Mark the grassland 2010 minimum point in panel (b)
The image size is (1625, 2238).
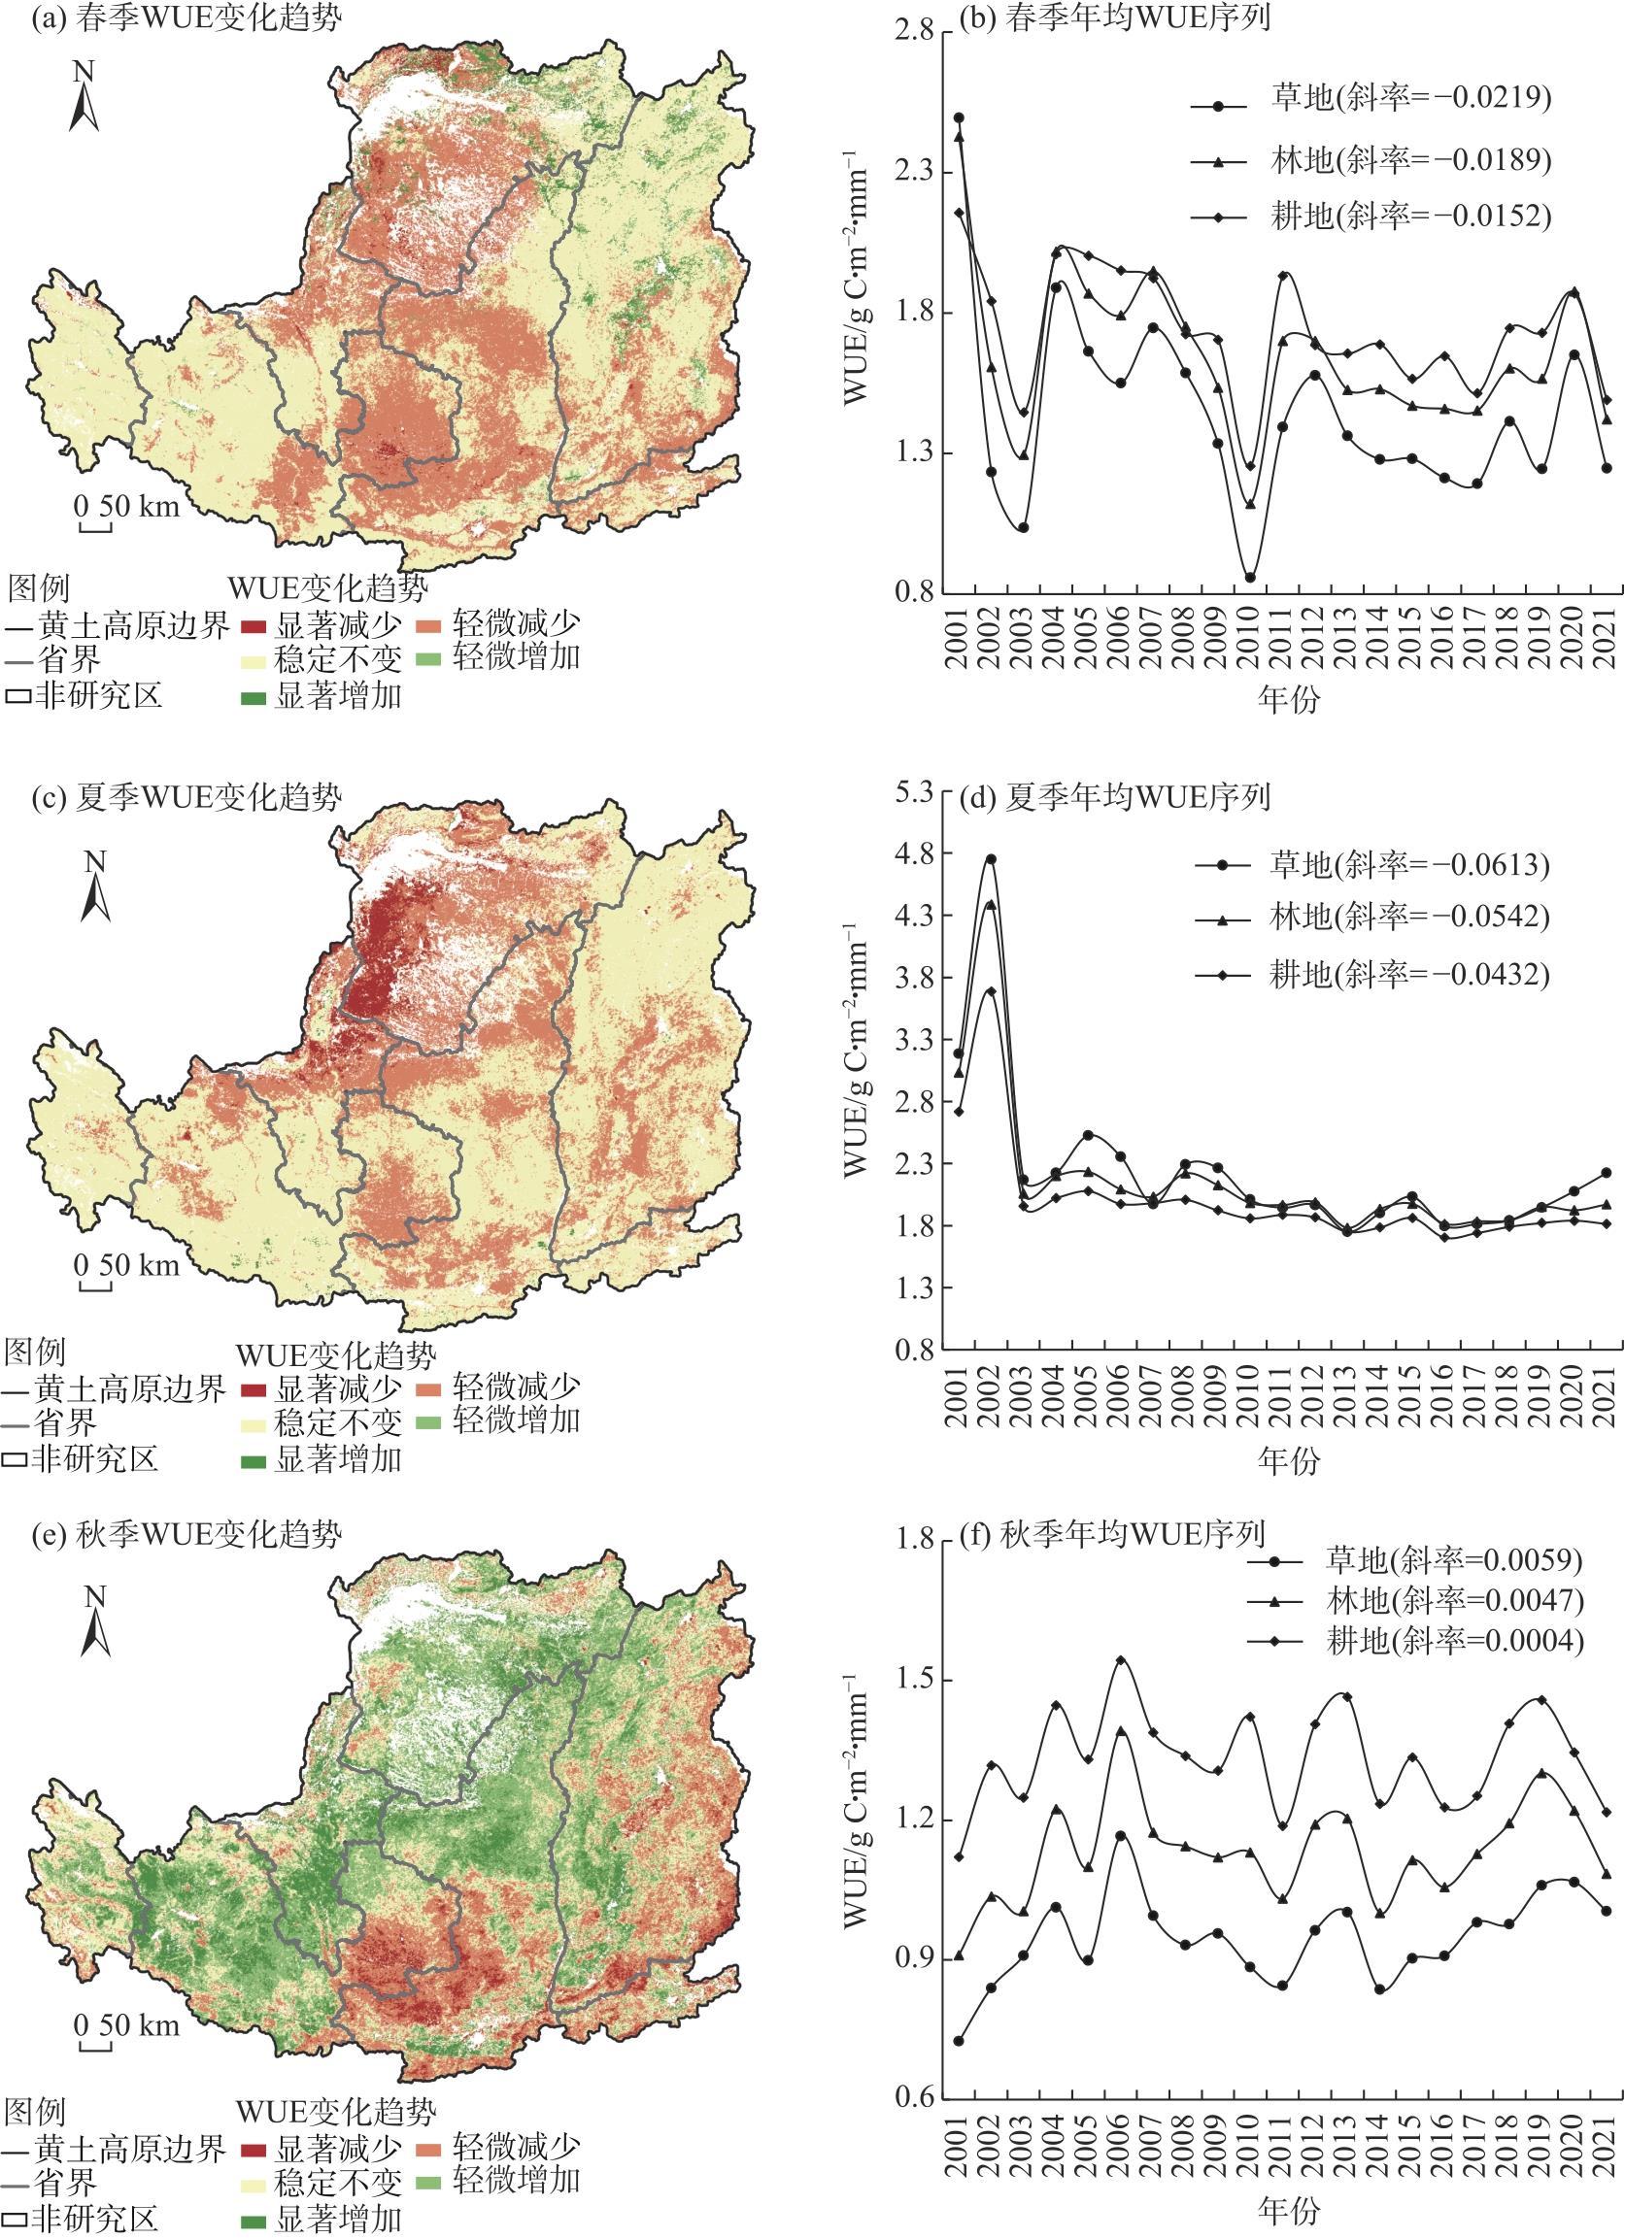coord(1250,578)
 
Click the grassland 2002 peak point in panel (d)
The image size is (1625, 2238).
coord(991,858)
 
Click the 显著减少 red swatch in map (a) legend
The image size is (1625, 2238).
coord(254,626)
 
